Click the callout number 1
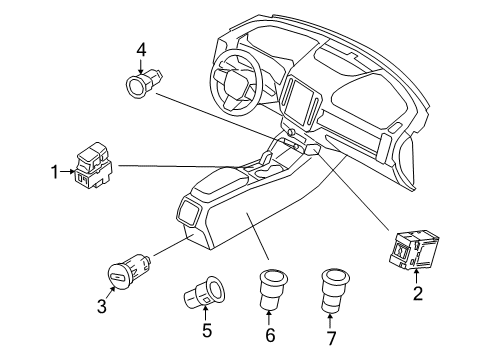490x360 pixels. tap(57, 172)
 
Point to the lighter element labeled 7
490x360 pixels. tap(331, 289)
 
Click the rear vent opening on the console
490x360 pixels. tap(189, 211)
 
